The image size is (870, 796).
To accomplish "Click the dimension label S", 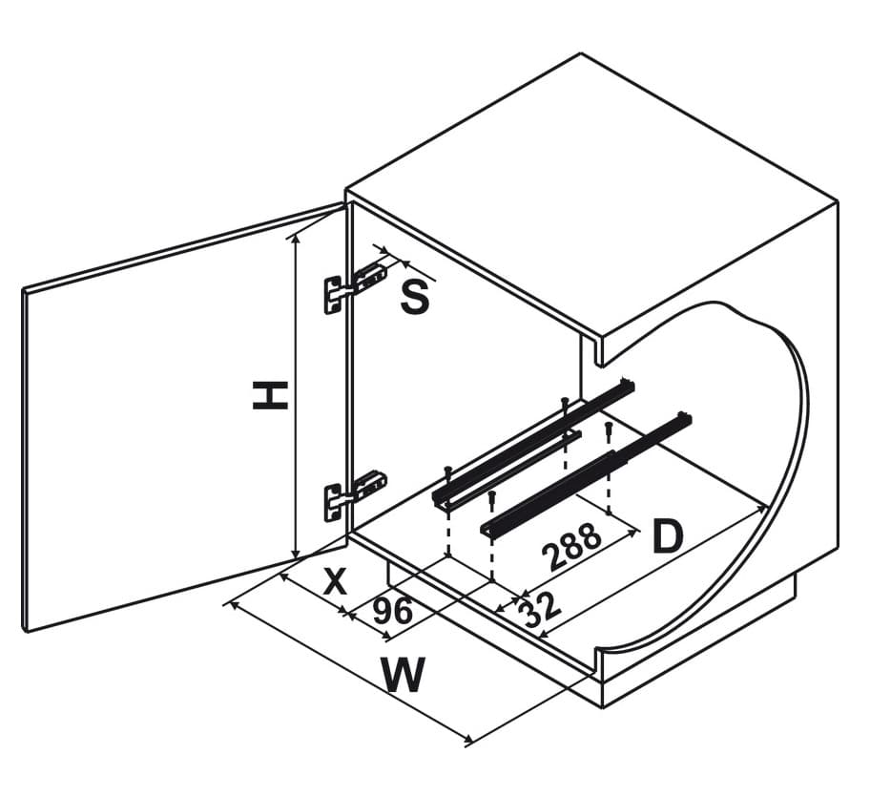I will (414, 299).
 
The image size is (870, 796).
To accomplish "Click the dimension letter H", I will (270, 394).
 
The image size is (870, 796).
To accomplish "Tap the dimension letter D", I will (668, 538).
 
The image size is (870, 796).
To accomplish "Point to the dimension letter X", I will (334, 581).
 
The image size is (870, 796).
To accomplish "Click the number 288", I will (572, 547).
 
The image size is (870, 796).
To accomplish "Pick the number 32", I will (540, 609).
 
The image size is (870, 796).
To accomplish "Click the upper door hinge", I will (355, 284).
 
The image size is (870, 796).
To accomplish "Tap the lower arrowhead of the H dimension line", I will (297, 555).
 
